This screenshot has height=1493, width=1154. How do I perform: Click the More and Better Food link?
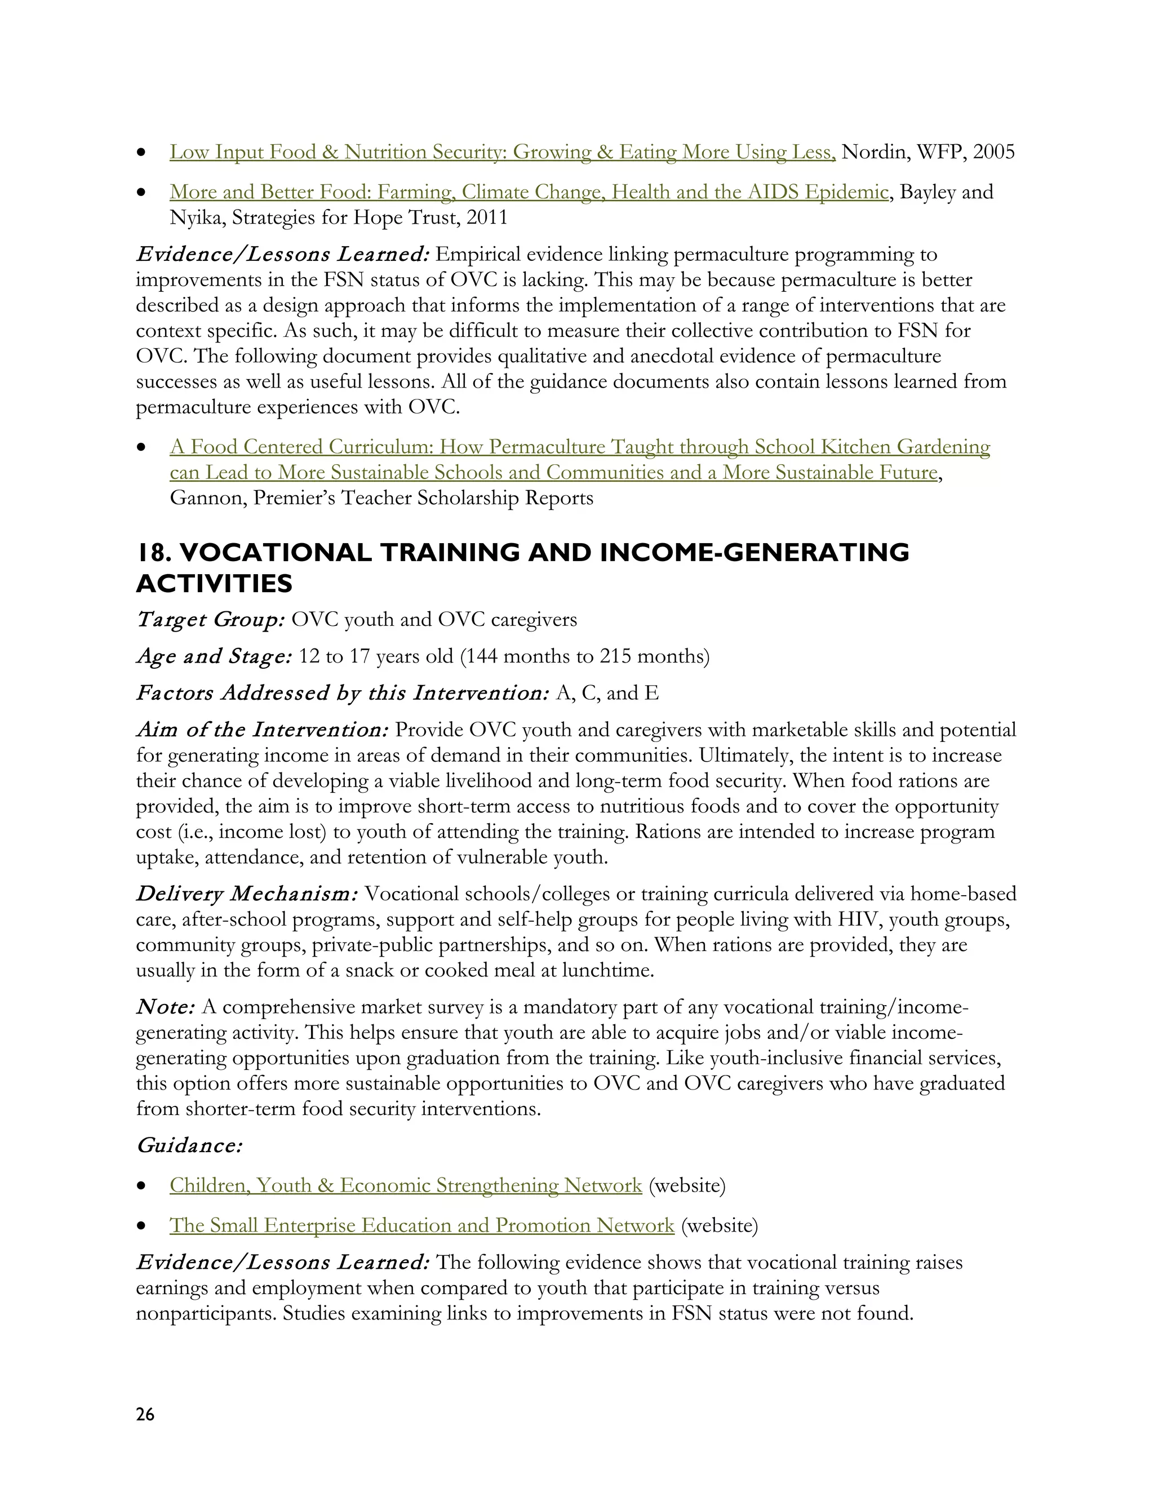click(x=529, y=192)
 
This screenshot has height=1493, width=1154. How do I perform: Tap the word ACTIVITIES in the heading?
click(x=214, y=584)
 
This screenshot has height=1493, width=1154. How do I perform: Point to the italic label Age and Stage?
click(x=214, y=656)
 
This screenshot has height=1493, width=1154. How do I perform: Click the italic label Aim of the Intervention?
click(x=262, y=730)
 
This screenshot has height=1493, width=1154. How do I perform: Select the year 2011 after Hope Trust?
click(x=487, y=217)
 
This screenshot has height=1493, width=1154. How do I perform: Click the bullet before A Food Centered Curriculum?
click(x=141, y=448)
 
